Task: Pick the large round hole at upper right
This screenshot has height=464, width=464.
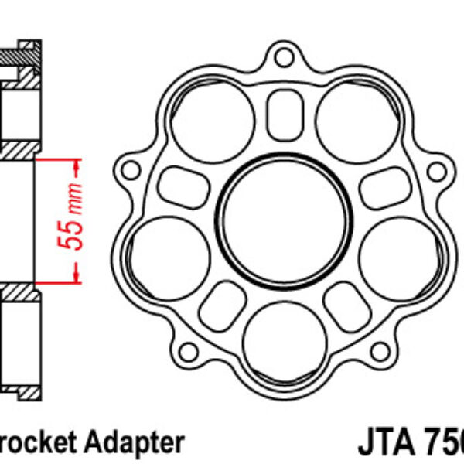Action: [x=355, y=122]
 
